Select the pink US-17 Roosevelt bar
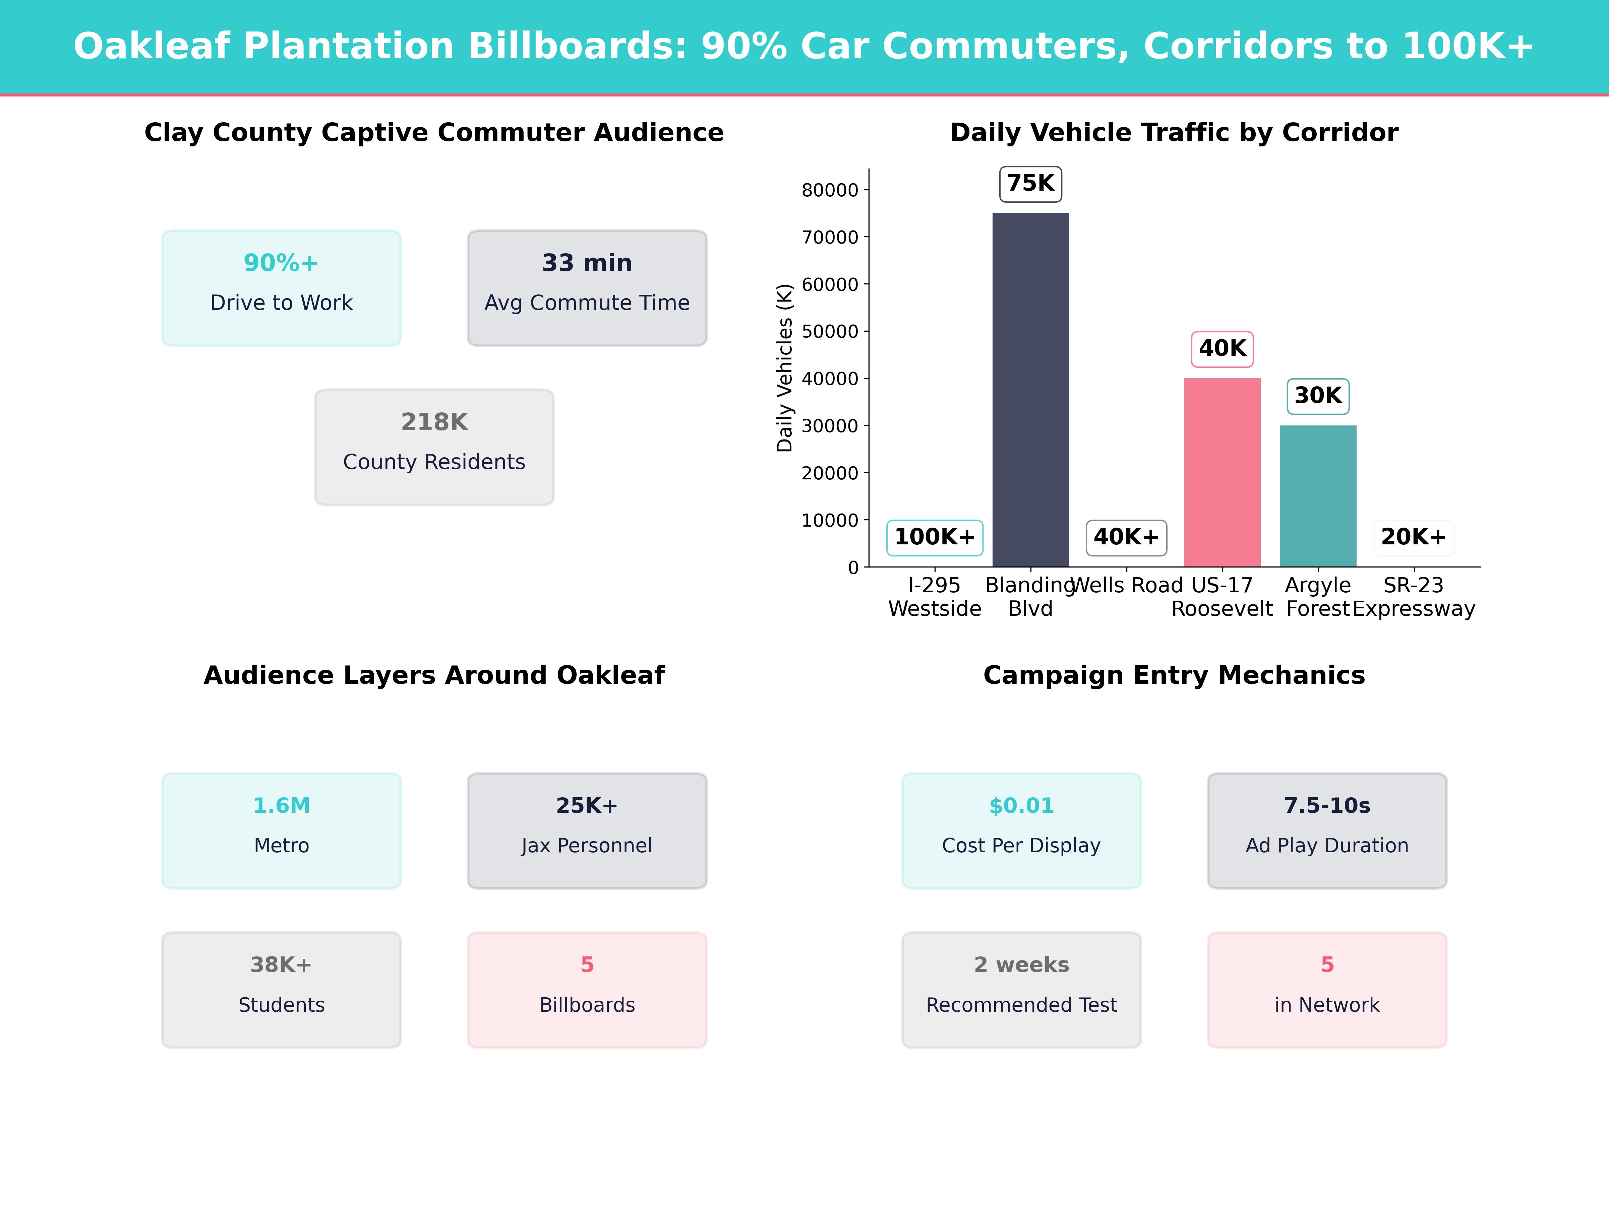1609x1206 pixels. tap(1222, 472)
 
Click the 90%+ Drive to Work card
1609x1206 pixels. tap(282, 288)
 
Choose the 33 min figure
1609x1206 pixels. tap(587, 263)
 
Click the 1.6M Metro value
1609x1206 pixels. tap(282, 805)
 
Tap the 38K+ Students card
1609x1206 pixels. tap(282, 990)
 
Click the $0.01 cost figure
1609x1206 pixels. tap(1021, 805)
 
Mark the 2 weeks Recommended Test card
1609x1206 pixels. tap(1021, 990)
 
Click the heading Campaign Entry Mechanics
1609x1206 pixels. tap(1174, 675)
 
